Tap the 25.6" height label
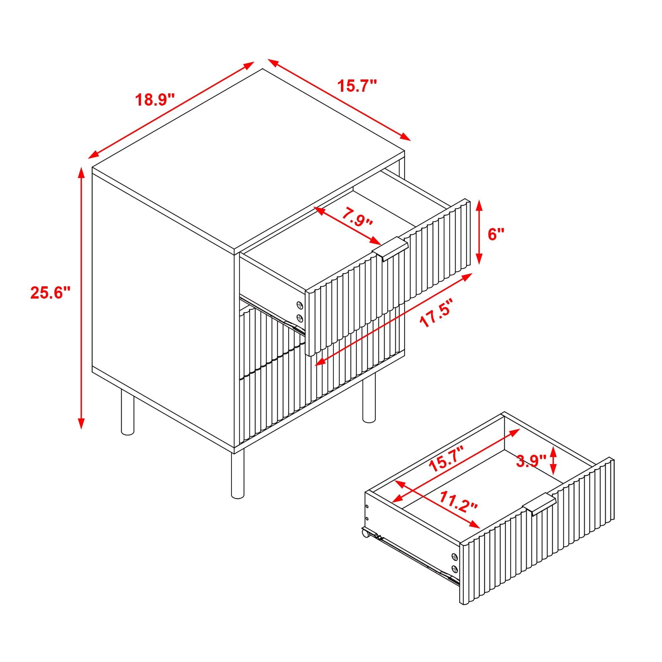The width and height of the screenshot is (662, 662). pyautogui.click(x=50, y=293)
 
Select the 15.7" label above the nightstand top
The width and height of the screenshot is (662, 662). pyautogui.click(x=357, y=86)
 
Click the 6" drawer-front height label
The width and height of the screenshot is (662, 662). pyautogui.click(x=496, y=234)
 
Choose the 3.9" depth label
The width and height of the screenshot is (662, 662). pyautogui.click(x=531, y=461)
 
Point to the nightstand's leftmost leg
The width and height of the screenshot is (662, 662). pyautogui.click(x=127, y=413)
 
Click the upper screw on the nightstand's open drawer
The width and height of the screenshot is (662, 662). pyautogui.click(x=300, y=305)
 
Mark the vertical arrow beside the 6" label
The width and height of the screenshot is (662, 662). pyautogui.click(x=480, y=232)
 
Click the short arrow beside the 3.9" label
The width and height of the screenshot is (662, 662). pyautogui.click(x=553, y=461)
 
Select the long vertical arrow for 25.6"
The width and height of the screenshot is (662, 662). pyautogui.click(x=81, y=298)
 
